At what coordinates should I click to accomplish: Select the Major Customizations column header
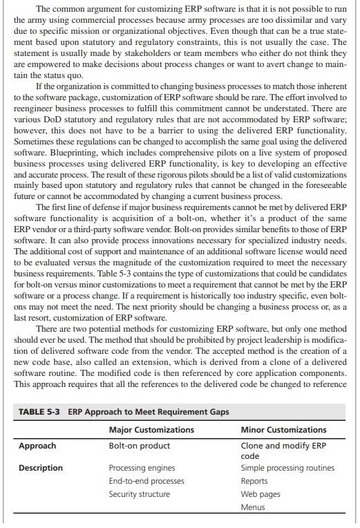click(151, 430)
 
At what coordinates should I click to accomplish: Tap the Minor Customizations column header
click(283, 430)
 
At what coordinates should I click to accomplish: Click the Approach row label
click(37, 446)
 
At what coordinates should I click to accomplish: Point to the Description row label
click(41, 468)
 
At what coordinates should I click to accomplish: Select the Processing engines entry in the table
click(142, 468)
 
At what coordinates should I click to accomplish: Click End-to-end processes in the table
click(146, 481)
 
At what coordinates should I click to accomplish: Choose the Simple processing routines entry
click(287, 468)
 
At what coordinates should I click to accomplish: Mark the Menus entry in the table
click(253, 507)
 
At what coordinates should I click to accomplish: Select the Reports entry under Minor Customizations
click(254, 481)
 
